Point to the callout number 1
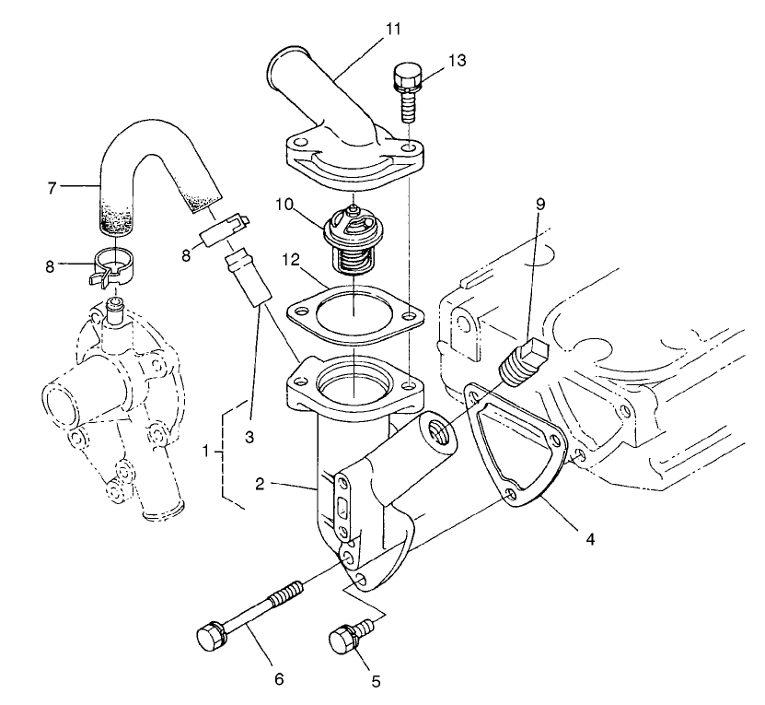(208, 452)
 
